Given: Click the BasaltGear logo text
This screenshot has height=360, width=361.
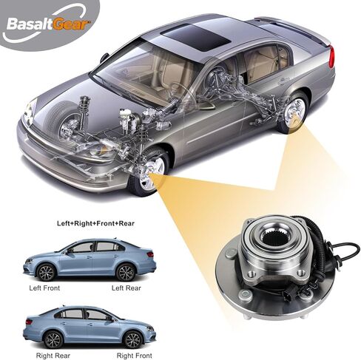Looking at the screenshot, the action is (x=48, y=24).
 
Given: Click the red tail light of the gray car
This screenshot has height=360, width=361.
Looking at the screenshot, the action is (x=331, y=56).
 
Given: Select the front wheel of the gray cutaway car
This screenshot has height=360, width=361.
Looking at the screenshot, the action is (x=149, y=171).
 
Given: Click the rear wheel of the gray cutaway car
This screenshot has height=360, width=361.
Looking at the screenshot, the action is (x=294, y=112).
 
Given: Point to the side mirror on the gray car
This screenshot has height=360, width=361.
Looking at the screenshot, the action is (x=104, y=58).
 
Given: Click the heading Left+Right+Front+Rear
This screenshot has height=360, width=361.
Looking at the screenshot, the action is (x=95, y=223).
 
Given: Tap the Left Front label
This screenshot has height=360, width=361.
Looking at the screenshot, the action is (x=44, y=288).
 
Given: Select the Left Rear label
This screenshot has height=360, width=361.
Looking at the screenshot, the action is (x=126, y=288).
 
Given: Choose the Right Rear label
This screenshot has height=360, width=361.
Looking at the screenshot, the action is (x=53, y=356).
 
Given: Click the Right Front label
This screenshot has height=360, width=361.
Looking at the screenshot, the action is (x=134, y=356).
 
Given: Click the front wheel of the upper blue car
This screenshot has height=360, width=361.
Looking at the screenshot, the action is (x=46, y=272).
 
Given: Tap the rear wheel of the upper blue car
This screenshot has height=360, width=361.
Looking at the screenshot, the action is (x=126, y=273).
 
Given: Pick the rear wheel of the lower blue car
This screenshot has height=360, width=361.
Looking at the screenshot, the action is (x=53, y=340).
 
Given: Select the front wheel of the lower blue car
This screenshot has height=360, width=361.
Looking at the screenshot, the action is (x=132, y=340).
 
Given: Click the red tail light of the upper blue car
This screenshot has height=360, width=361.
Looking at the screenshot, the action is (x=150, y=254).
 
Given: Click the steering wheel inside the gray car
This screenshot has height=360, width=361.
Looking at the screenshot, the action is (x=182, y=93).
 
